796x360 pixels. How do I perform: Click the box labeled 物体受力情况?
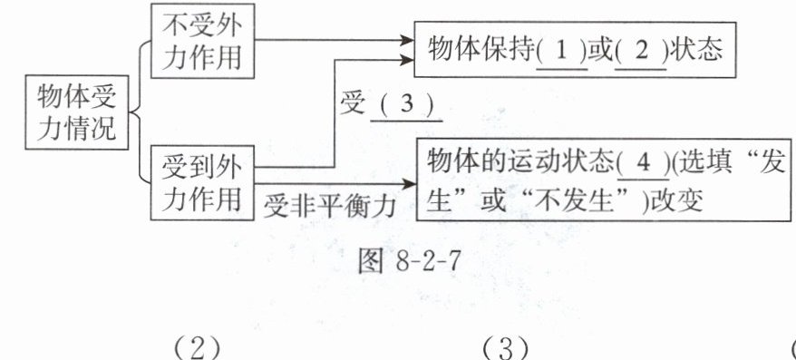coord(77,112)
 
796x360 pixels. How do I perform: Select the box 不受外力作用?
coord(202,41)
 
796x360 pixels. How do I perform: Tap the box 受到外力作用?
coord(202,183)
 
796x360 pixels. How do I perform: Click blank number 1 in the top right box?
coord(562,53)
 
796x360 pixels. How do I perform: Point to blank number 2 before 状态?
coord(641,53)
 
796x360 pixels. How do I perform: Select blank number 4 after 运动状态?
coord(643,165)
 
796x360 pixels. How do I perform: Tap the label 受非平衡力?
coord(329,206)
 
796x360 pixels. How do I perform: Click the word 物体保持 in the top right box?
coord(481,52)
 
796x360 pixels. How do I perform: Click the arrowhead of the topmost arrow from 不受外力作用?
coord(407,39)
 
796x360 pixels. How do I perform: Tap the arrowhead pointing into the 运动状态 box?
coord(408,184)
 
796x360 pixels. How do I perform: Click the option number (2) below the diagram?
coord(198,349)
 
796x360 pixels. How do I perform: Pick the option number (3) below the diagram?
coord(504,349)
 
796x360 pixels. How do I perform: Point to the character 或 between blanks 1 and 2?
coord(601,52)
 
